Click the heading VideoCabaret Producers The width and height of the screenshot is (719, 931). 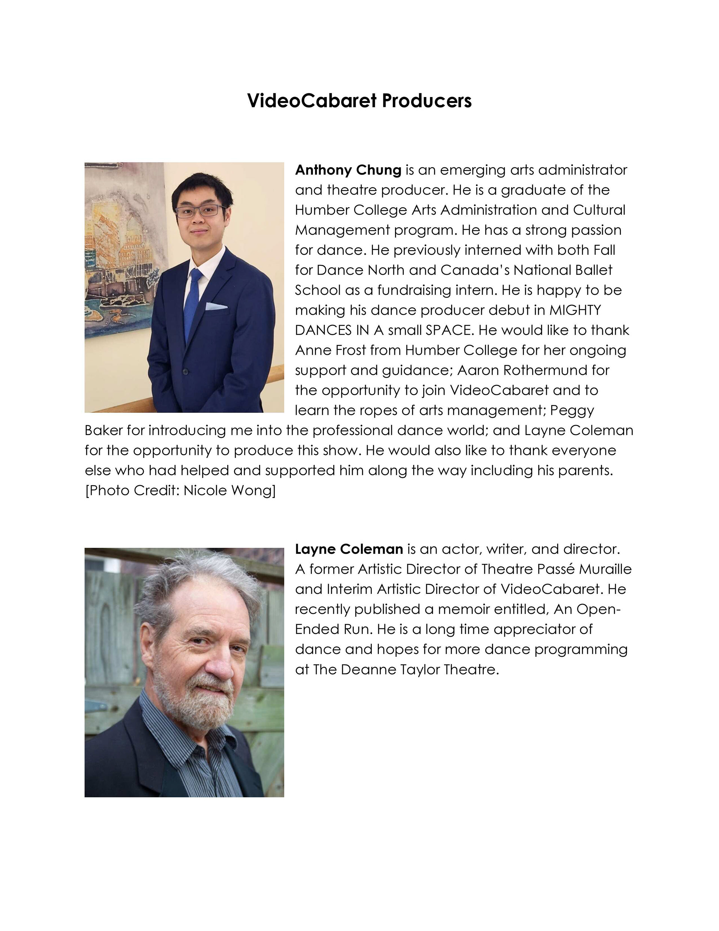point(359,101)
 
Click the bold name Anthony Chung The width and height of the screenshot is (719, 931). point(348,170)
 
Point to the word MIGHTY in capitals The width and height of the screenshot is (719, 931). point(575,310)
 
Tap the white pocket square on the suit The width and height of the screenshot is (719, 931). point(216,306)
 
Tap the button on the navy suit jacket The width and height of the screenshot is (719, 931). point(185,372)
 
